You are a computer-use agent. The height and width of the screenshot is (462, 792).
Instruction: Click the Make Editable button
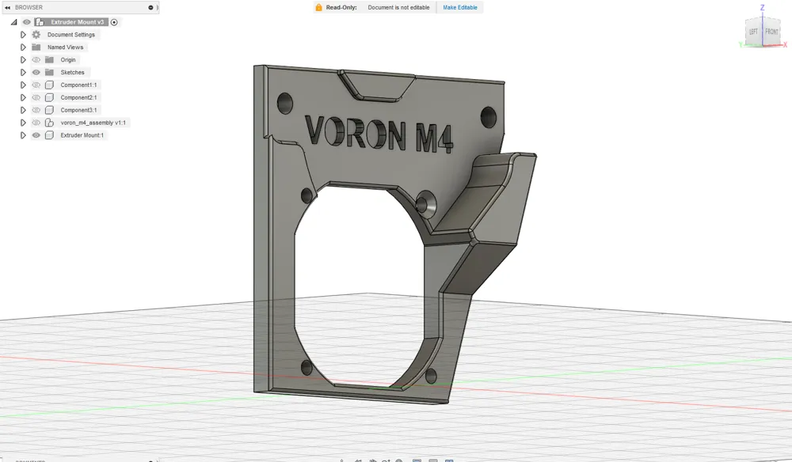click(x=459, y=7)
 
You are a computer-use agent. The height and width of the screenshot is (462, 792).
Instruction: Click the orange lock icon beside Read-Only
click(x=318, y=7)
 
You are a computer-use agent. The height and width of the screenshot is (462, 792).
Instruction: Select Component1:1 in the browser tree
click(x=78, y=85)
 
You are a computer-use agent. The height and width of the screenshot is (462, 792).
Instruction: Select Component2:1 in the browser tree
click(x=78, y=97)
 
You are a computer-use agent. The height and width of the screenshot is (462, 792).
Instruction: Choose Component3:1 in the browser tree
click(x=78, y=110)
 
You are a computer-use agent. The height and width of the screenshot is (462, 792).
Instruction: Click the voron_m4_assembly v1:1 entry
click(x=93, y=123)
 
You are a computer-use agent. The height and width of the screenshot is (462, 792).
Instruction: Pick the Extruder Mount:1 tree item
click(x=82, y=135)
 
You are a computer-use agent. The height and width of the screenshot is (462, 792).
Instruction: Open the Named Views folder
click(x=65, y=47)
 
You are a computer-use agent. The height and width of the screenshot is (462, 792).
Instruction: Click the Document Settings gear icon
click(x=36, y=35)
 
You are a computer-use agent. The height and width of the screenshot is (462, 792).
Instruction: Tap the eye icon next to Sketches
click(x=36, y=72)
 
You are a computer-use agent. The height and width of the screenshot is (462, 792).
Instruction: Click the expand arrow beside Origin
click(x=23, y=60)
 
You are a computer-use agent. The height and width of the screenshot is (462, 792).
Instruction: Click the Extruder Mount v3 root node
click(x=77, y=22)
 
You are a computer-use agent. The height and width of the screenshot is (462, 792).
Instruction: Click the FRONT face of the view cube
click(x=771, y=32)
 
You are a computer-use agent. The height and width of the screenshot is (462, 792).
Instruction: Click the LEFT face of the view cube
click(x=754, y=32)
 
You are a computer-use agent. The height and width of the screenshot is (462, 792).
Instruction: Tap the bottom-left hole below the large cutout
click(x=306, y=367)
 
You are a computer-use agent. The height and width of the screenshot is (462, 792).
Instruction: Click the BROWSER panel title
click(x=29, y=7)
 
